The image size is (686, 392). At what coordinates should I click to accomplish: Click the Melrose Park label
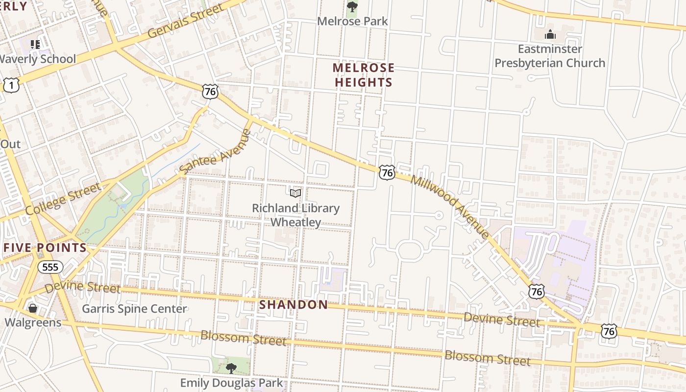(352, 21)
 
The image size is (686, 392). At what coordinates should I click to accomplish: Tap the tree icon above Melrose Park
(352, 6)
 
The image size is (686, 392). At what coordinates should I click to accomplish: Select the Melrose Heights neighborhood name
(363, 75)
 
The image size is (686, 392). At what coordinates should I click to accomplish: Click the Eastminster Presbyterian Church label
(550, 56)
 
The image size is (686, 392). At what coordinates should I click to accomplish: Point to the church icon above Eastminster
(550, 34)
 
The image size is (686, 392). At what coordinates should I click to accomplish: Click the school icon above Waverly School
(35, 45)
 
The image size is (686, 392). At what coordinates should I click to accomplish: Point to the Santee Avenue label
(215, 151)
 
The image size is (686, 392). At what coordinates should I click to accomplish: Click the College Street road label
(62, 199)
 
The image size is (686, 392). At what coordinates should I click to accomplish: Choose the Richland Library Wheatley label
(295, 215)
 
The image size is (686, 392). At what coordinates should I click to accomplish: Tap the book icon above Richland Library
(295, 193)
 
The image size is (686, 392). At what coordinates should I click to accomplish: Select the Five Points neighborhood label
(45, 247)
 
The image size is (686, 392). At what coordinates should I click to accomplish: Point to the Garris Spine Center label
(134, 309)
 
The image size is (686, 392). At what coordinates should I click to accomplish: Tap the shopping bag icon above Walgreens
(33, 308)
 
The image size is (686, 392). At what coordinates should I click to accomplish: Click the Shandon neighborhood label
(294, 304)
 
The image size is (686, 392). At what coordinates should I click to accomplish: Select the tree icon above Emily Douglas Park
(231, 367)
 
